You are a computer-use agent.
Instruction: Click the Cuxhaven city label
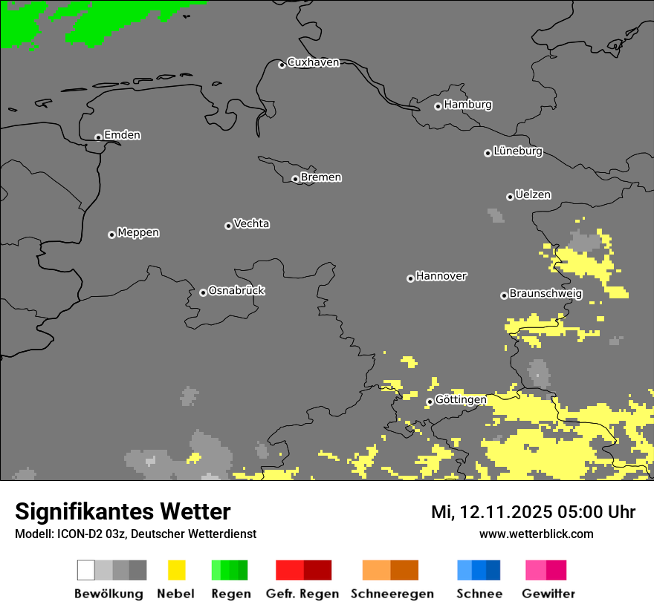click(313, 62)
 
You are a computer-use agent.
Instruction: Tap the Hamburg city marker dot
click(438, 106)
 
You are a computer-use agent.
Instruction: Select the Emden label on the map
click(122, 135)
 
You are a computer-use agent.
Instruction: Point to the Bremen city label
click(321, 177)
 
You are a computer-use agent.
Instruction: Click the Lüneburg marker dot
click(488, 153)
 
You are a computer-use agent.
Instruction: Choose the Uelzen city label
click(533, 194)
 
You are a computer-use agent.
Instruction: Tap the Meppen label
click(138, 232)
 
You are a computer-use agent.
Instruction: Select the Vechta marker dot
click(228, 226)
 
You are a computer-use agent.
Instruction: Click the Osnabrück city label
click(236, 290)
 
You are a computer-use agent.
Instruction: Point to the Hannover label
click(441, 276)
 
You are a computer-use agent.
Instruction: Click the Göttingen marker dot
click(430, 402)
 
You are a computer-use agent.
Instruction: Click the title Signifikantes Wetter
click(123, 511)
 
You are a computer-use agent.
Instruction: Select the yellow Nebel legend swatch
click(176, 570)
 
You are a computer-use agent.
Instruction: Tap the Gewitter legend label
click(548, 594)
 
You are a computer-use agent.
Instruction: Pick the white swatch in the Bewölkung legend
click(86, 570)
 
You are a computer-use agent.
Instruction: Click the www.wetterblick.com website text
click(536, 534)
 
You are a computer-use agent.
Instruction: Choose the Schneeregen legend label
click(392, 594)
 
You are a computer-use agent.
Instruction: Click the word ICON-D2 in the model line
click(72, 534)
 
